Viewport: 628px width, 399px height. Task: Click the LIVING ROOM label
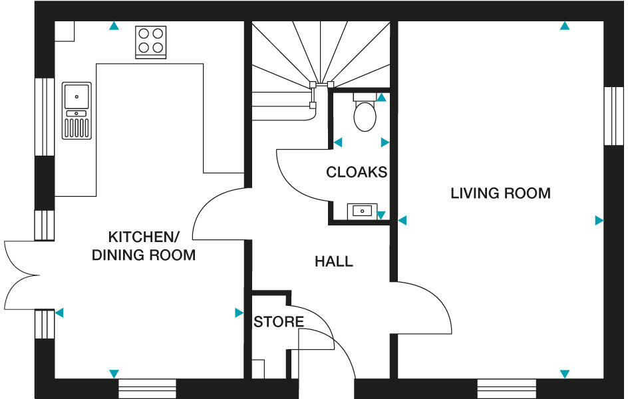(500, 194)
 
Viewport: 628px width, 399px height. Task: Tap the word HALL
(333, 261)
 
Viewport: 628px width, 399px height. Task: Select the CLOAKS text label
(356, 172)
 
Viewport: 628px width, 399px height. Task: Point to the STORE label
(279, 322)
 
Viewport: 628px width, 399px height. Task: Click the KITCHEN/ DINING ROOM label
(144, 245)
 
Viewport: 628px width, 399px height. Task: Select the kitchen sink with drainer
(77, 110)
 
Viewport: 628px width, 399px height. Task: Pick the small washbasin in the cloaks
(362, 211)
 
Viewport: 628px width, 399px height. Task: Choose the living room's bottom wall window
(506, 388)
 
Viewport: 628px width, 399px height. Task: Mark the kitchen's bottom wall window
(147, 388)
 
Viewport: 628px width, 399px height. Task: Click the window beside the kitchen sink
(44, 117)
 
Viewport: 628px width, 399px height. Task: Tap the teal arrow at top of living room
(565, 27)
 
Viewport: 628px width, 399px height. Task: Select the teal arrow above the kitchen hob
(114, 27)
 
